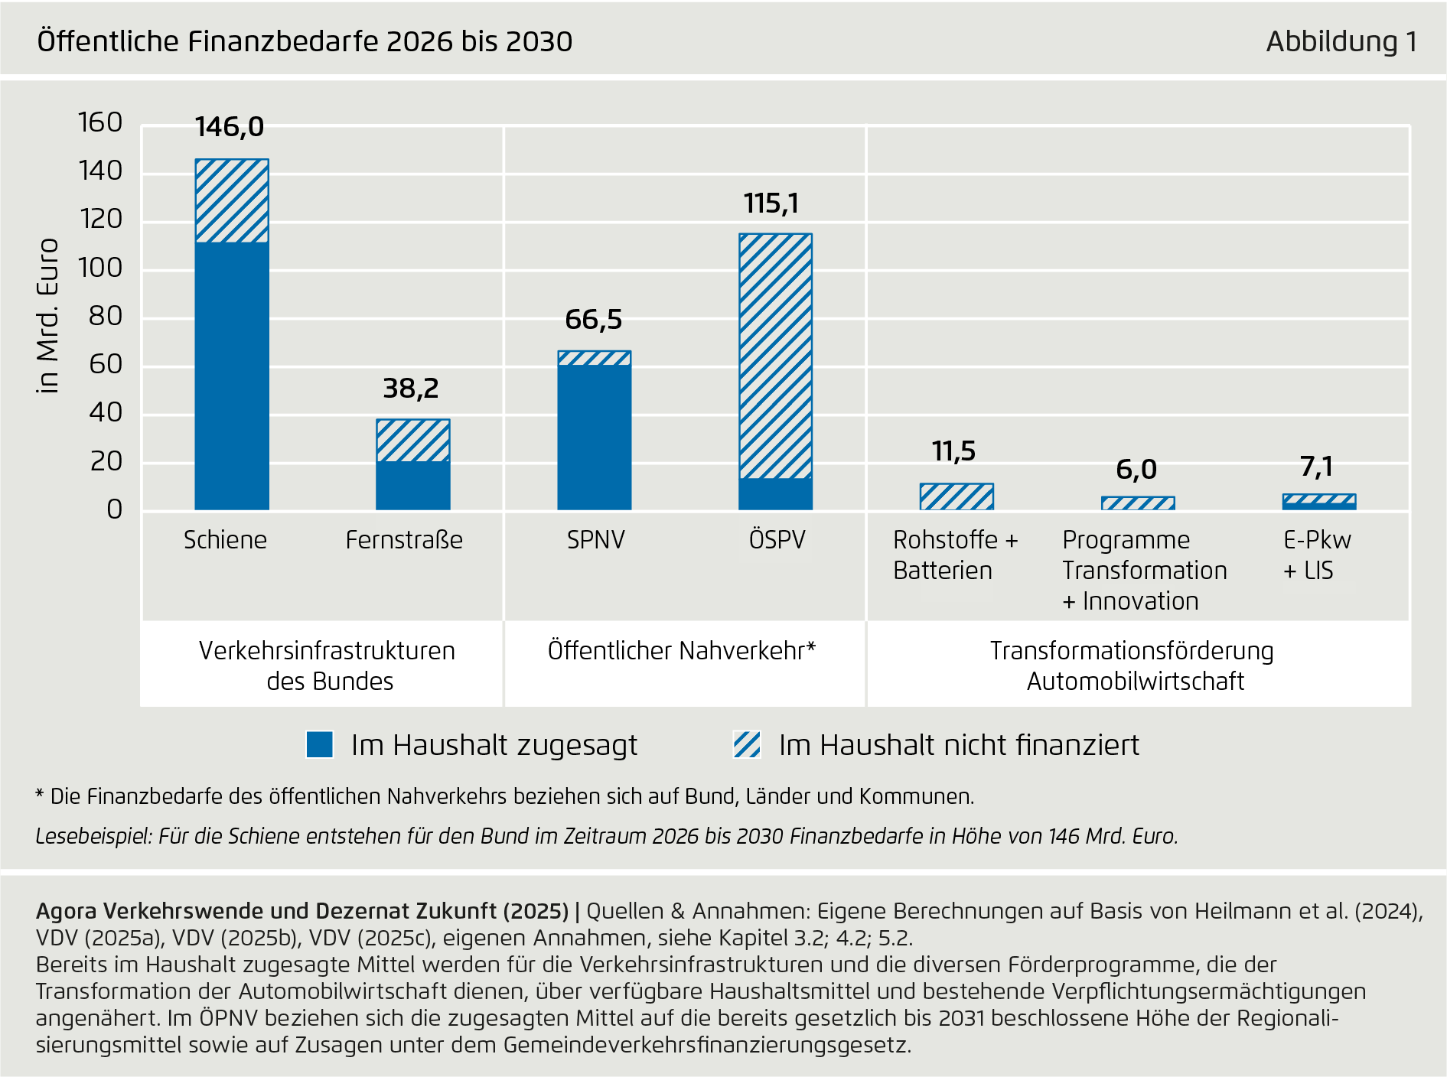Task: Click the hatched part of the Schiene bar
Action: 232,201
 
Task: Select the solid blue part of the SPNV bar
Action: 595,436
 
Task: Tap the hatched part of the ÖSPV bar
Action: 775,356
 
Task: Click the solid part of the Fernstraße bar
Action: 413,486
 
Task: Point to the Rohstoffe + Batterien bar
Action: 957,497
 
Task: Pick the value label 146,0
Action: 230,127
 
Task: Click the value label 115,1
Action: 771,203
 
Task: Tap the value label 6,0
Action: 1136,470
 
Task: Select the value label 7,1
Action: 1317,467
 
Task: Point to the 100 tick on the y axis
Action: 100,268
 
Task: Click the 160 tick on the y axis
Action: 100,122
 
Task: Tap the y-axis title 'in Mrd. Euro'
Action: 48,316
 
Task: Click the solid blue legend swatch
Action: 319,744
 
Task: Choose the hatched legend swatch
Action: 747,744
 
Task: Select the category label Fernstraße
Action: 404,540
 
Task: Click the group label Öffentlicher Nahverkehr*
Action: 682,650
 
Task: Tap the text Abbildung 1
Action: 1341,41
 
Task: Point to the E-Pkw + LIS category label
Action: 1316,555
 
